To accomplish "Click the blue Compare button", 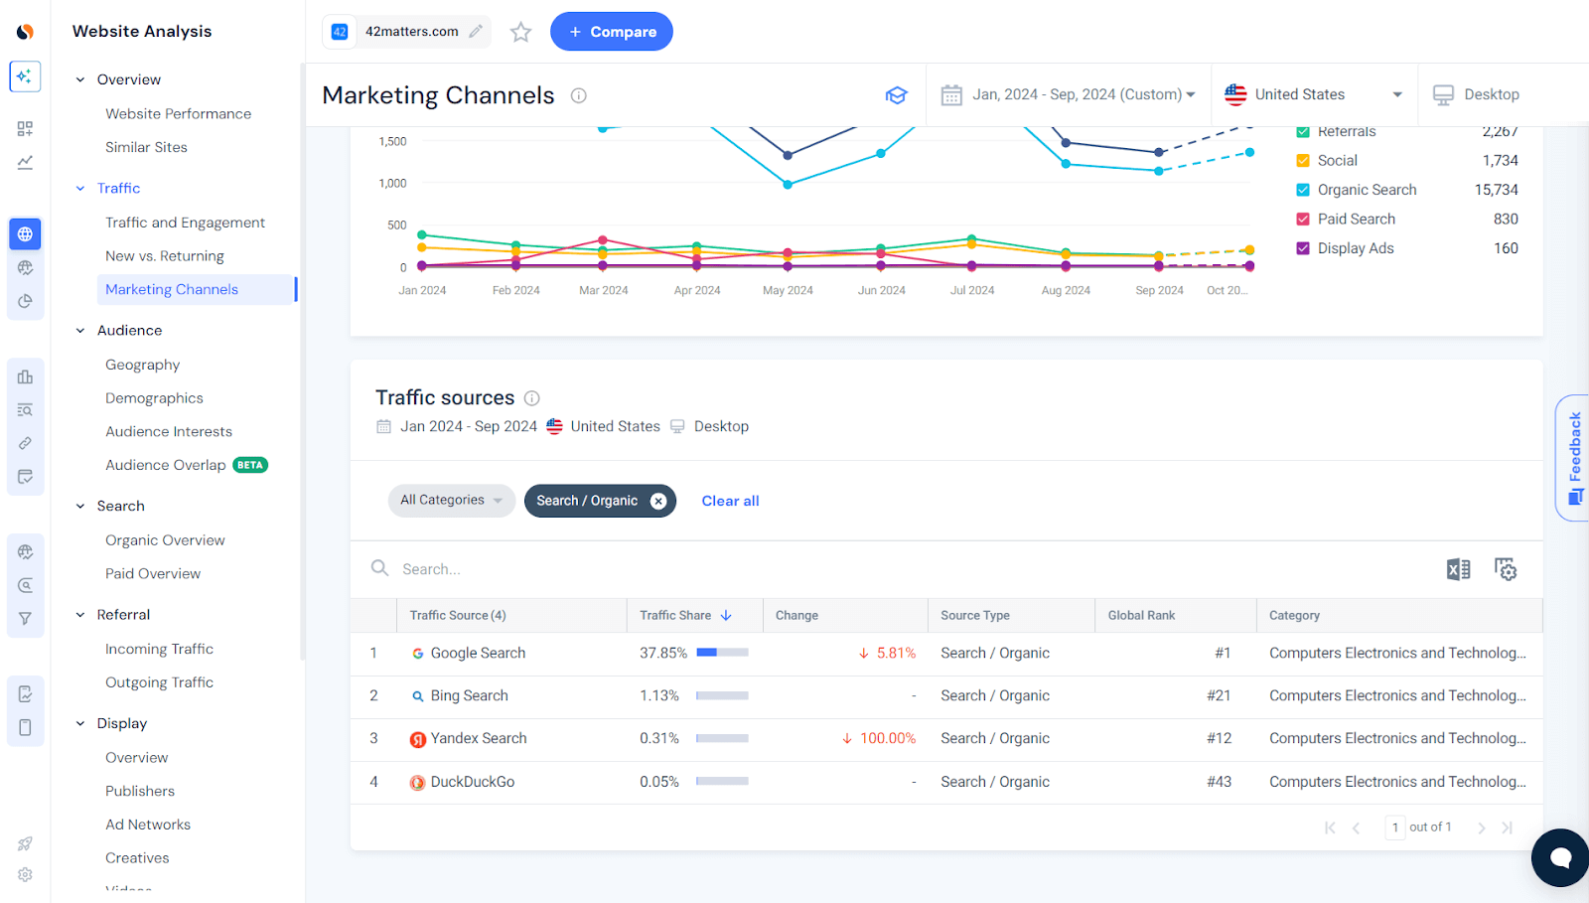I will (611, 32).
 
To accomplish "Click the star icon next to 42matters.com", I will (520, 33).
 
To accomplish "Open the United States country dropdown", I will (1313, 94).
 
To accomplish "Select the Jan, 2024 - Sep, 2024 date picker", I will (1068, 94).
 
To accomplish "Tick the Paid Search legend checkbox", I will (1303, 220).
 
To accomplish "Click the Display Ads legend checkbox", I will (1303, 248).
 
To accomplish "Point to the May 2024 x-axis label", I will (788, 291).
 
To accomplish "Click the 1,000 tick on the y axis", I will (392, 184).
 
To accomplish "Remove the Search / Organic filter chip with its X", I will (658, 502).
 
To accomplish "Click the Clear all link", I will (730, 502).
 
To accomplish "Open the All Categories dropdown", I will (451, 501).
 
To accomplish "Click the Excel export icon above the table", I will (1458, 569).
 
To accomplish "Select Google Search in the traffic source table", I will (477, 654).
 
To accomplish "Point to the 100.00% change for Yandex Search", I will (887, 739).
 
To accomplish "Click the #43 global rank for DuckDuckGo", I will (1219, 782).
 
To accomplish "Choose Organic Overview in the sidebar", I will (165, 540).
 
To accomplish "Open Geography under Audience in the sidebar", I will (143, 365).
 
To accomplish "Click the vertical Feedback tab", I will (1574, 457).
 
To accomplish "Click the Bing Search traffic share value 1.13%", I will (659, 696).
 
